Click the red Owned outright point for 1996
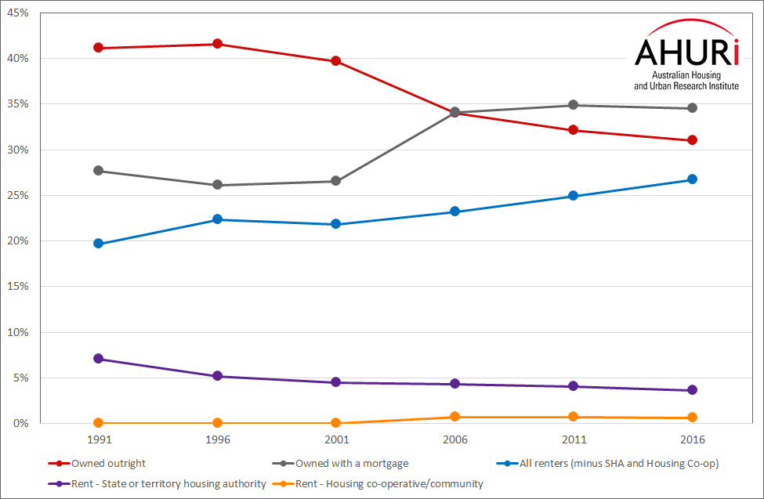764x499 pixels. point(217,44)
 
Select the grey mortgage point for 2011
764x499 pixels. point(574,105)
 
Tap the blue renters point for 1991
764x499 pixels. point(98,244)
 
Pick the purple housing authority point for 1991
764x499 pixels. point(98,359)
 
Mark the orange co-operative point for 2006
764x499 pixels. point(454,417)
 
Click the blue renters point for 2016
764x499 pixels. point(692,179)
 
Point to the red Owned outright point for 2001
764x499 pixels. point(335,61)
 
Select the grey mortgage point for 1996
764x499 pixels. point(217,185)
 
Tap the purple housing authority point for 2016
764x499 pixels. point(692,390)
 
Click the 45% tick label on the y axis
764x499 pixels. point(18,13)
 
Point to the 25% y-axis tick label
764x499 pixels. point(18,195)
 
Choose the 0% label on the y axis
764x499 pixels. point(20,424)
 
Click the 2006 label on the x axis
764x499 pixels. point(454,440)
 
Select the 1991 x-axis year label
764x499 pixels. point(98,440)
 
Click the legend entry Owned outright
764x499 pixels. point(108,464)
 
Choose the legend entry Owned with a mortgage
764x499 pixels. point(352,464)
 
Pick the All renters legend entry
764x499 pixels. point(618,464)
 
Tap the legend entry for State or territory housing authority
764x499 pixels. point(168,484)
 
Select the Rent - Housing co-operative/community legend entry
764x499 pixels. point(389,484)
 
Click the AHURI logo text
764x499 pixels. point(686,52)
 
